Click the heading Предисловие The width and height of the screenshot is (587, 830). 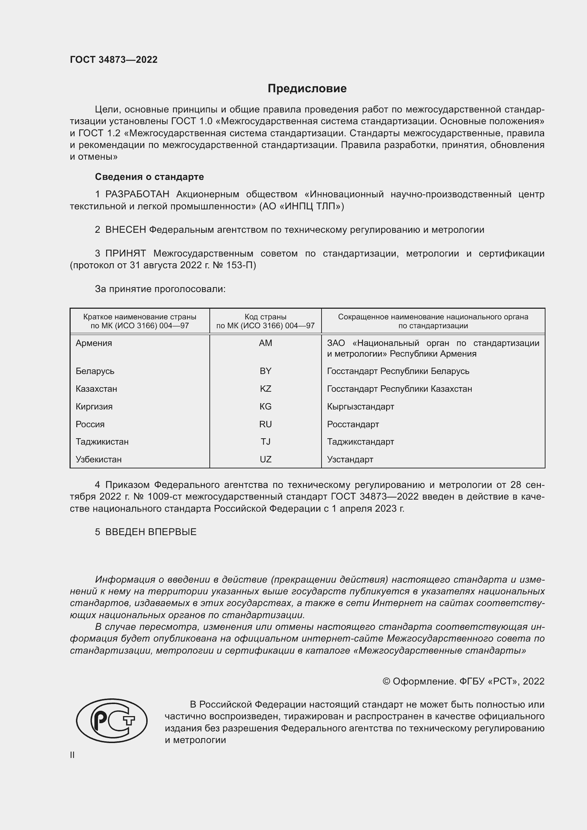pos(307,89)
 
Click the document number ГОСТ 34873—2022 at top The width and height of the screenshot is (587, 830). pos(114,60)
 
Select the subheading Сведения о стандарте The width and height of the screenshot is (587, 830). pos(149,177)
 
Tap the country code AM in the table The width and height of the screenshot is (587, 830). pos(265,343)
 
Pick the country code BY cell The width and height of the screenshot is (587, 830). pos(265,371)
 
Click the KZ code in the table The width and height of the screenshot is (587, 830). pos(265,389)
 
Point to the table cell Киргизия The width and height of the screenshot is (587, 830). pos(94,407)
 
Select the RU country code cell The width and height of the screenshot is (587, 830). pos(265,424)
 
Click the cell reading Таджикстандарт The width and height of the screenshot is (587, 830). pos(360,442)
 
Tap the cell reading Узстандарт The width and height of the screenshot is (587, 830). pos(350,460)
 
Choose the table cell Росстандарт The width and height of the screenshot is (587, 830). pos(353,424)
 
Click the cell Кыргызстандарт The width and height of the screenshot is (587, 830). pos(360,407)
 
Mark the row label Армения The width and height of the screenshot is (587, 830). pos(94,343)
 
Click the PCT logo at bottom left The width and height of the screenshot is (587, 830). pos(112,720)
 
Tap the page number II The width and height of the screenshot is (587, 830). pos(72,755)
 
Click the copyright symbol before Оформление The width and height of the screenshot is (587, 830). pos(386,681)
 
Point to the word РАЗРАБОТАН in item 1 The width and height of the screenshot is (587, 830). pos(137,194)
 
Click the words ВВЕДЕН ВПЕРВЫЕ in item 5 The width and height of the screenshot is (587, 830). pos(151,532)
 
